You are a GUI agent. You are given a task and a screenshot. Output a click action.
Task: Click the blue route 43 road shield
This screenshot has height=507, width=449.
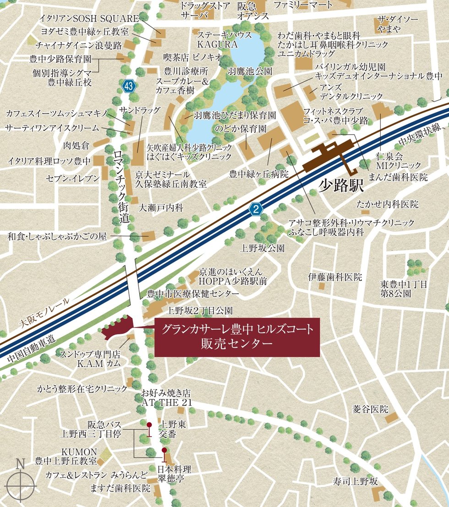coord(130,86)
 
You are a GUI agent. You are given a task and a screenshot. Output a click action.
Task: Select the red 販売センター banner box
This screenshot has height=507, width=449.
coord(237,337)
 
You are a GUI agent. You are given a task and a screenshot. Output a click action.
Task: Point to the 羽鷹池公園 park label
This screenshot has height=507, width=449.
coord(250,71)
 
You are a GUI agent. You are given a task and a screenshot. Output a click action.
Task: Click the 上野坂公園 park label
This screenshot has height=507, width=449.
coord(263,248)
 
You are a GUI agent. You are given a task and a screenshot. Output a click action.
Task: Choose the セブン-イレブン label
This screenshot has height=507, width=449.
coord(72,177)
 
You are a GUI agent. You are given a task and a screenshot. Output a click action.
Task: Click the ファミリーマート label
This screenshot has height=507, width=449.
coord(303,5)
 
